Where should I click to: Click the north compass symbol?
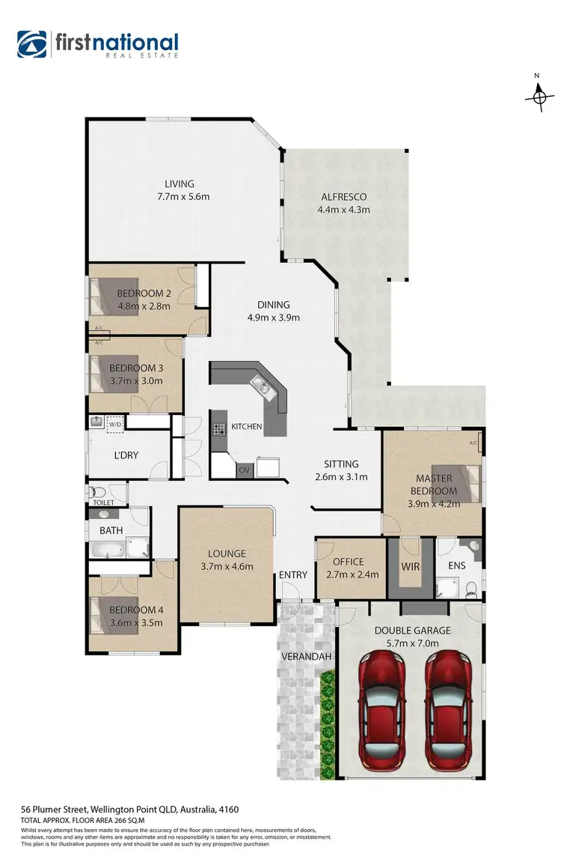[x=540, y=96]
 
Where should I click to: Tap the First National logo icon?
[x=32, y=44]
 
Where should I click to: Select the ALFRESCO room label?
[x=343, y=197]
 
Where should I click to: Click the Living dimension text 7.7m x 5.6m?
[x=183, y=197]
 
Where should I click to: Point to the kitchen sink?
[x=261, y=386]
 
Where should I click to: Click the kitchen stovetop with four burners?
[x=220, y=430]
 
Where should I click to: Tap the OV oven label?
[x=243, y=470]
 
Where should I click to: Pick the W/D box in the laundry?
[x=115, y=425]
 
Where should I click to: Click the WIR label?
[x=411, y=567]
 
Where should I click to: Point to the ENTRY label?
[x=293, y=575]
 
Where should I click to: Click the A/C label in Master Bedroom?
[x=473, y=443]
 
